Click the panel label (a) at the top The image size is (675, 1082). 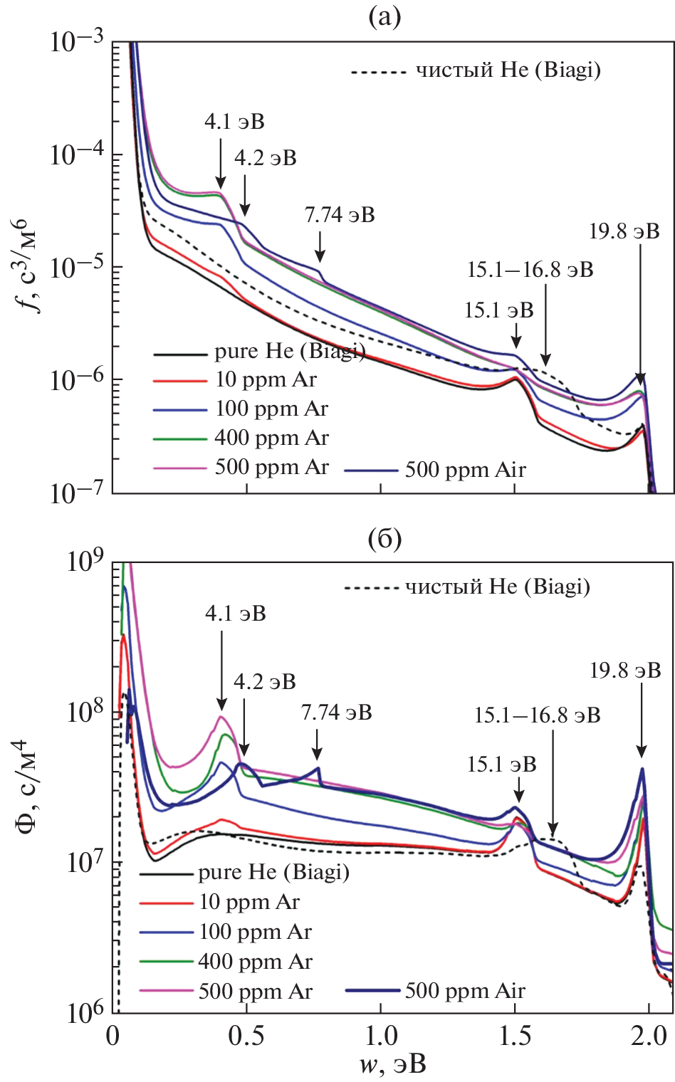(384, 16)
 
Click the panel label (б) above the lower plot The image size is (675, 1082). (384, 539)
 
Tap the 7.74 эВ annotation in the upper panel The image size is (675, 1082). (340, 215)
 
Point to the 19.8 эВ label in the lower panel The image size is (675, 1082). (625, 671)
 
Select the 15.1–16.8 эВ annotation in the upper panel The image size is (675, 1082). (530, 270)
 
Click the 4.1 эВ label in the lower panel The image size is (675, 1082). (235, 614)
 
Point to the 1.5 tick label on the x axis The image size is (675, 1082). (515, 1036)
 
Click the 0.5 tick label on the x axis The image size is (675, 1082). (246, 1036)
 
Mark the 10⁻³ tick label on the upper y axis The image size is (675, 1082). (77, 41)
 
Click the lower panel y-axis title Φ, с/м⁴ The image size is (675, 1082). (28, 787)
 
